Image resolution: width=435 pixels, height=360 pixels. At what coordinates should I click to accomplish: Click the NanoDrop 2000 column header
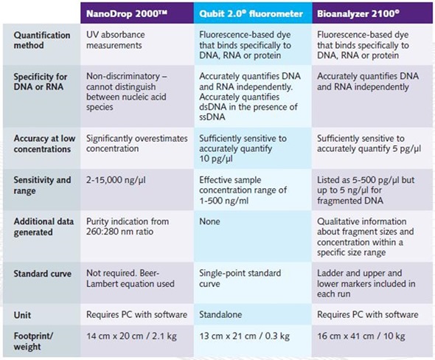tap(127, 13)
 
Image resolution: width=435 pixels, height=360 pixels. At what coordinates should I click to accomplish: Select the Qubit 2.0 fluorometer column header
tap(251, 13)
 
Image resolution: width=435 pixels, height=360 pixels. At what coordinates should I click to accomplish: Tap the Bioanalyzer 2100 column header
tap(358, 13)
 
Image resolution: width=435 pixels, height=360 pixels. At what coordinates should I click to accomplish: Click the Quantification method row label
tap(42, 41)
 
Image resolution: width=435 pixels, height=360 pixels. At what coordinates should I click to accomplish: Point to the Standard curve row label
tap(43, 274)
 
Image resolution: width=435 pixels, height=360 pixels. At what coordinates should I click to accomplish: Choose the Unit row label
tap(22, 315)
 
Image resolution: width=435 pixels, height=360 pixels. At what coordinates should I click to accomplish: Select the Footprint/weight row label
tap(33, 341)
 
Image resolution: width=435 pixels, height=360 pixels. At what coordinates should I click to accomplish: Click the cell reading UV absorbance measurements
tap(116, 40)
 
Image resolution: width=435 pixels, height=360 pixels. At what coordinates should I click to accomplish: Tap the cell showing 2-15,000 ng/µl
tap(116, 180)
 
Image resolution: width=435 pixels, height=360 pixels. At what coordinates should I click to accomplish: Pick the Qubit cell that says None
tap(209, 221)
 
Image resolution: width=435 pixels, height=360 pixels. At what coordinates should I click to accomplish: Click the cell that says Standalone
tap(220, 314)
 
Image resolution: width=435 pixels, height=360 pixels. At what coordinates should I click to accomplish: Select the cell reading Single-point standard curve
tap(240, 278)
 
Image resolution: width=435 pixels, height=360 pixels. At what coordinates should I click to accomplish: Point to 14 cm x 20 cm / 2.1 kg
tap(131, 336)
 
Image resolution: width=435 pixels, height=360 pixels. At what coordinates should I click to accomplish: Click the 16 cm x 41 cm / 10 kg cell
tap(361, 336)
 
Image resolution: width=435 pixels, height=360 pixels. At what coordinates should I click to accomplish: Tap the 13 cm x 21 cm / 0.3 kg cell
tap(244, 336)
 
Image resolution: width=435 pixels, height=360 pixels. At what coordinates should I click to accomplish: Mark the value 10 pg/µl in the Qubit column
tap(216, 159)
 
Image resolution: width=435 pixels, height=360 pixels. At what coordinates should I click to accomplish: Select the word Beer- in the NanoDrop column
tap(149, 273)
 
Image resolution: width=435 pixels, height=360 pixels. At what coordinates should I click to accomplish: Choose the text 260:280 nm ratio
tap(119, 232)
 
